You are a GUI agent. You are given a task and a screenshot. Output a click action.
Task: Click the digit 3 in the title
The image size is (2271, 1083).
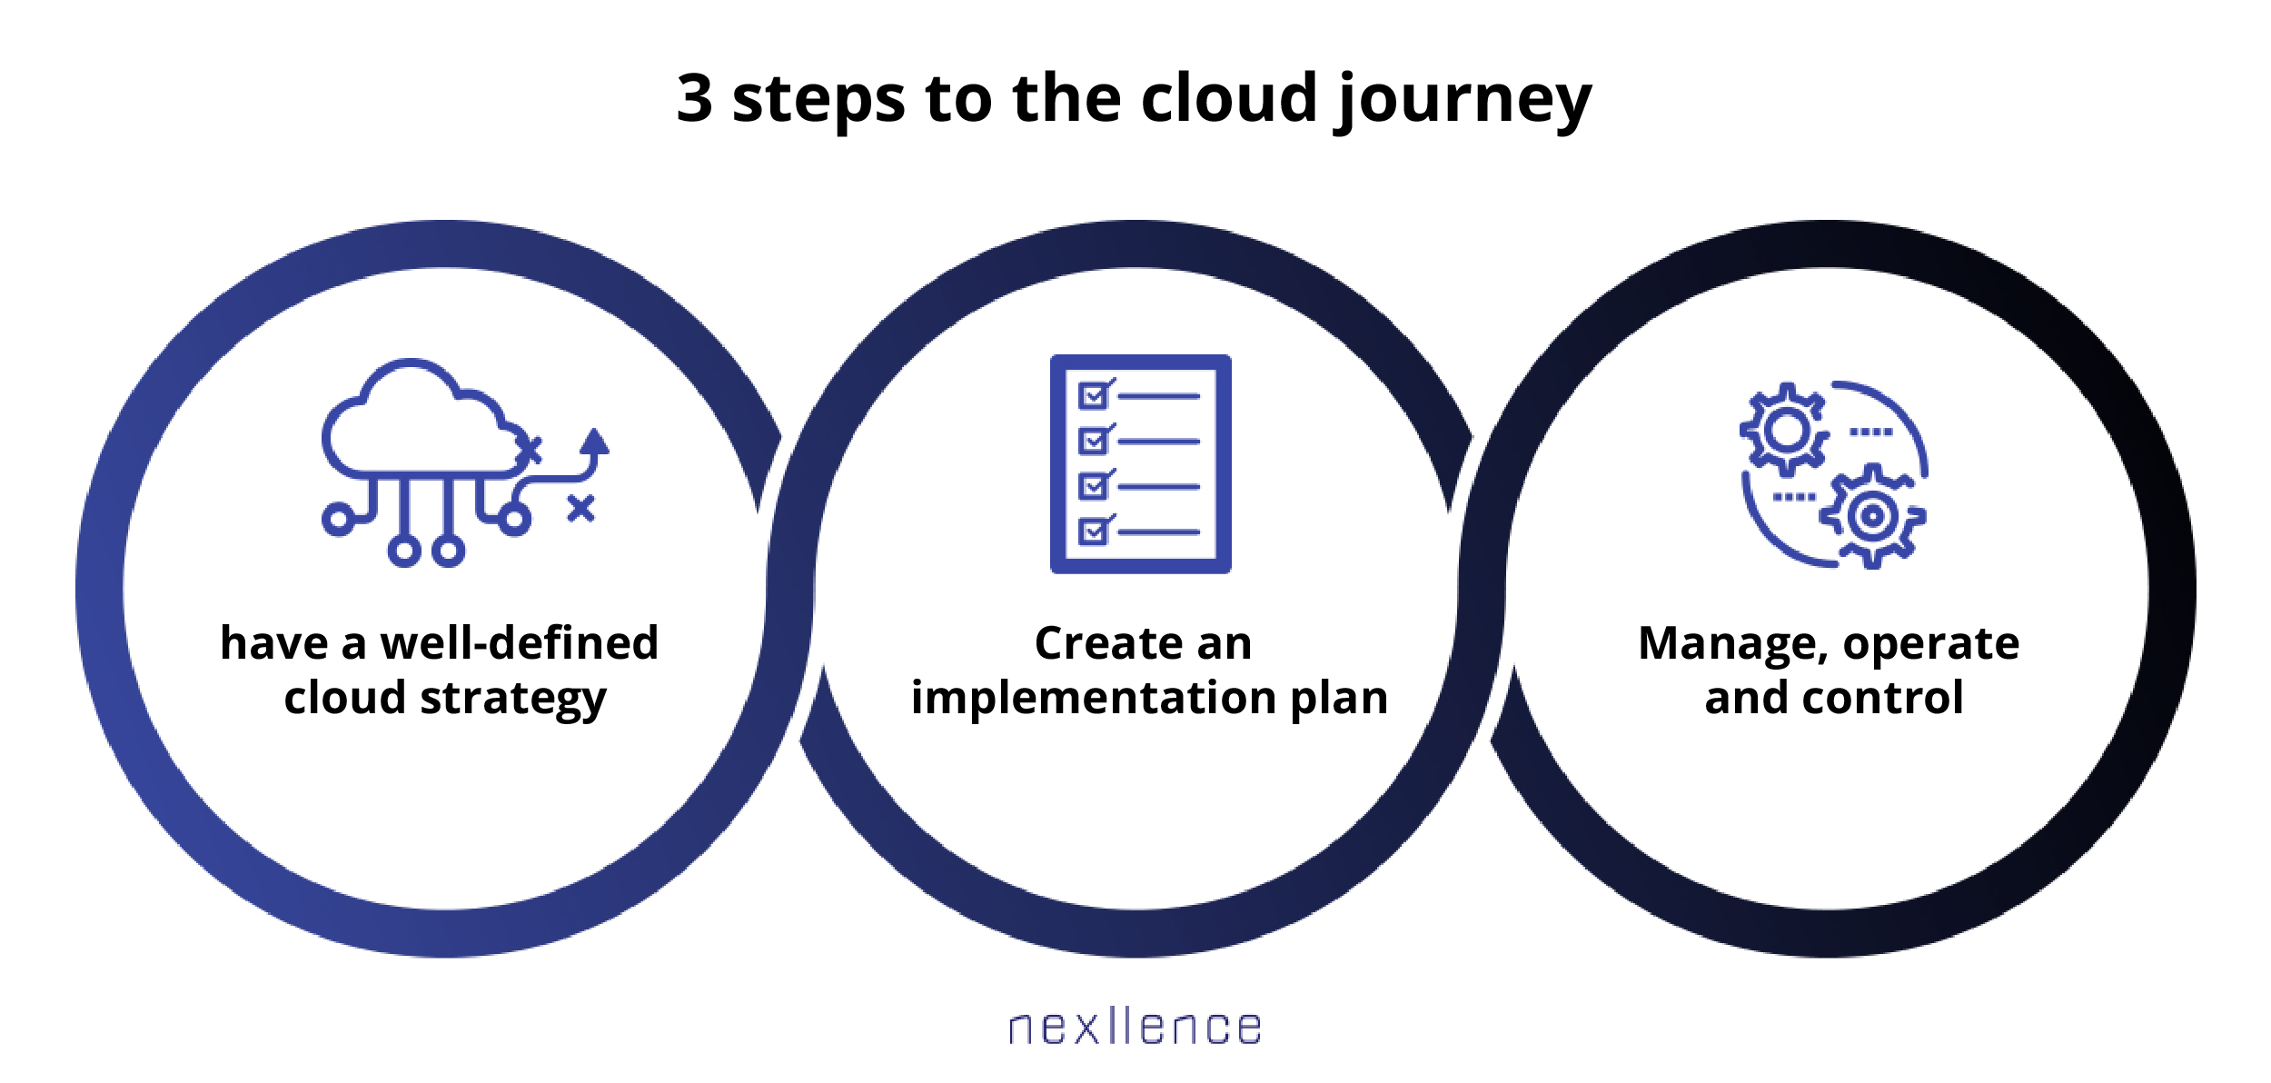pyautogui.click(x=694, y=97)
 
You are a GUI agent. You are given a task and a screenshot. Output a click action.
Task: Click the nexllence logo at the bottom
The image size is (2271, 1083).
pyautogui.click(x=1135, y=1027)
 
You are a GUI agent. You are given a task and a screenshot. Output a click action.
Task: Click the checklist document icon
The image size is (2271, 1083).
pyautogui.click(x=1140, y=463)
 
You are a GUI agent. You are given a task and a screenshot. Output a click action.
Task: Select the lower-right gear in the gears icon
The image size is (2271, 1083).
pyautogui.click(x=1872, y=516)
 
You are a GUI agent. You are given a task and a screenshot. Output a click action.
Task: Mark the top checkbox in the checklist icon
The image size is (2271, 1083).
pyautogui.click(x=1095, y=394)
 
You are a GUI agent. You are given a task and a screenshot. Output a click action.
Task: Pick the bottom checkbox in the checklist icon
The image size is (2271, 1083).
pyautogui.click(x=1095, y=530)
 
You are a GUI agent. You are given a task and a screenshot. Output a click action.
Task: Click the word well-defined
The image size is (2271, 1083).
pyautogui.click(x=519, y=643)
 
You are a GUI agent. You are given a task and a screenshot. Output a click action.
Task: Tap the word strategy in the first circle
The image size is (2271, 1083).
pyautogui.click(x=513, y=700)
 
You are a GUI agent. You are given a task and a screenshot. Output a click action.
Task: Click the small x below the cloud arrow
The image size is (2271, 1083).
pyautogui.click(x=580, y=509)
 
